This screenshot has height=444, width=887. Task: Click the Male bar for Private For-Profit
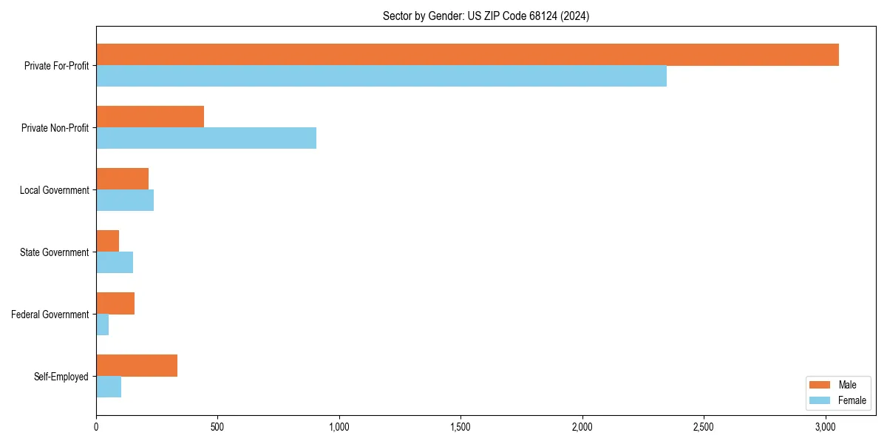point(467,55)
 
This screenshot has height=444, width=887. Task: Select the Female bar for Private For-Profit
point(381,76)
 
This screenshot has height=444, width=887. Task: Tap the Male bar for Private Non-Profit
point(150,117)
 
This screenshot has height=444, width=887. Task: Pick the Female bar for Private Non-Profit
point(206,138)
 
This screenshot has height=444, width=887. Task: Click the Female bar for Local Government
point(125,201)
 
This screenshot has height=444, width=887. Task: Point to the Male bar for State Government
point(108,241)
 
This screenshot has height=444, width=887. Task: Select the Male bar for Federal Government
point(115,303)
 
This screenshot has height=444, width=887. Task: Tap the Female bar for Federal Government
point(103,325)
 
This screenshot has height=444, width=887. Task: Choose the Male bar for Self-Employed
point(137,366)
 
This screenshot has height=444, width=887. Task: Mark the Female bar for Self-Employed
point(109,387)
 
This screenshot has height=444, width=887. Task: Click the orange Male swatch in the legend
point(820,385)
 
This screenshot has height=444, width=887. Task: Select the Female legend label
point(852,400)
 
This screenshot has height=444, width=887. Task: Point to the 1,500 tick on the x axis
point(461,427)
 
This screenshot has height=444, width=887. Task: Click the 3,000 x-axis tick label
point(825,427)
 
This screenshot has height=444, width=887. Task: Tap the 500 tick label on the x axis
point(217,427)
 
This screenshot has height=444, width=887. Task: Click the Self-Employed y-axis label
point(61,377)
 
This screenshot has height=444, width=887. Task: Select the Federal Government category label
point(50,314)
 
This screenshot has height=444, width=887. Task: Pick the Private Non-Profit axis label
point(55,128)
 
